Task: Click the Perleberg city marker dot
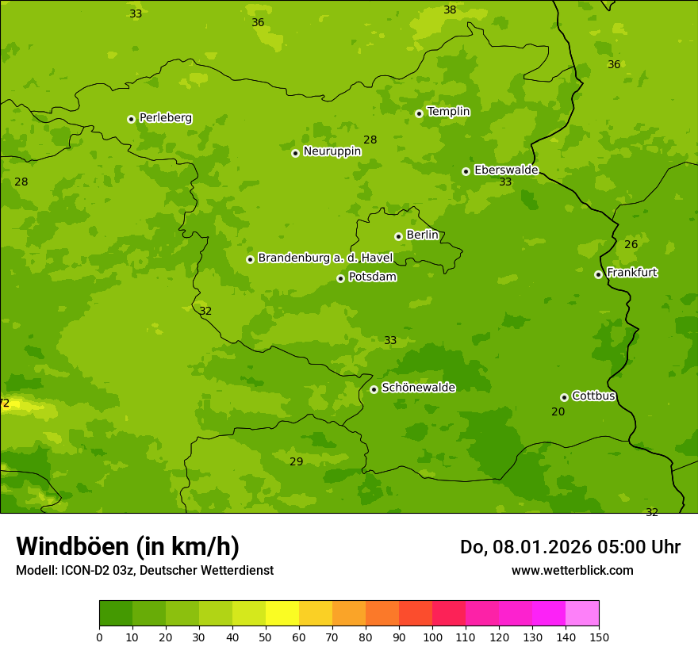131,119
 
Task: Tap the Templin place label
448,112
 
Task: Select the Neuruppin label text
332,151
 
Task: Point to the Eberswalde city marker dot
466,171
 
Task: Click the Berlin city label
422,235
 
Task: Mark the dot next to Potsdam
340,278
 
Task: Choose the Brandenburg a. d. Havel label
314,258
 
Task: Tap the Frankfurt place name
631,273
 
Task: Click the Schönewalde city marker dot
374,389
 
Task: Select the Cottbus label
593,396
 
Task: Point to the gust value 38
450,10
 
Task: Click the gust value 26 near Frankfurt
631,244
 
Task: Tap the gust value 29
296,462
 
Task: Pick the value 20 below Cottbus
558,411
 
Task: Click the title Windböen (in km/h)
128,546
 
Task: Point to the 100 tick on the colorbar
432,636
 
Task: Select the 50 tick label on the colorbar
266,636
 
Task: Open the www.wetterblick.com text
572,570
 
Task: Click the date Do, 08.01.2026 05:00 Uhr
570,547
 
